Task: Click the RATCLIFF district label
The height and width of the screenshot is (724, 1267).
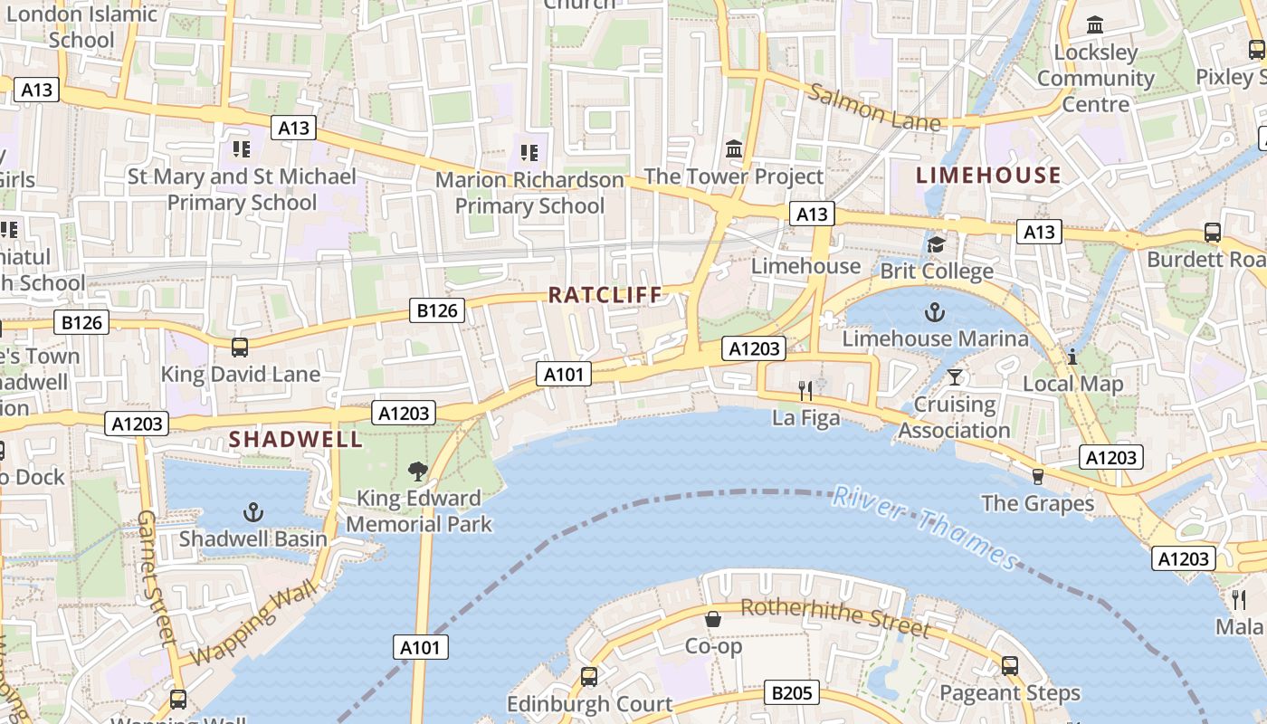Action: [605, 295]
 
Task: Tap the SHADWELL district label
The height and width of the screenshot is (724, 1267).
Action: [295, 440]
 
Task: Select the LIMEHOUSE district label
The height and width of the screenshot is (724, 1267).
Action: [988, 176]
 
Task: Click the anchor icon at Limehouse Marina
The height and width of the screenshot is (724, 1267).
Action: [934, 313]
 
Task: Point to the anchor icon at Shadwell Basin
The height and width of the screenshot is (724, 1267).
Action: [253, 513]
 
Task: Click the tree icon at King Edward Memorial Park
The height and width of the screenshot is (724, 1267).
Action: [417, 471]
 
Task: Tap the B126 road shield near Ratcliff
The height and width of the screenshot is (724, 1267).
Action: [439, 311]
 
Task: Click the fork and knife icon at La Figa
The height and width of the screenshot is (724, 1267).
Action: [805, 391]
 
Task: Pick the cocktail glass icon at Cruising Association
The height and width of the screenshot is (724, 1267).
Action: [954, 376]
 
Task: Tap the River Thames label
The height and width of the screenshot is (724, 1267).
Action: [925, 528]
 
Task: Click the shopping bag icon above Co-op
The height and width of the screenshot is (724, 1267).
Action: [713, 620]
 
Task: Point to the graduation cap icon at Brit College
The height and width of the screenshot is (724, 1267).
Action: [936, 244]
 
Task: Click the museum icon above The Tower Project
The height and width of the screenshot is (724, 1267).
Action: [734, 148]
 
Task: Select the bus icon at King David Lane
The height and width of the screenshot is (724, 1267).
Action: [240, 348]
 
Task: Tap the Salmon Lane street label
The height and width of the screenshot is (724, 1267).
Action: [874, 107]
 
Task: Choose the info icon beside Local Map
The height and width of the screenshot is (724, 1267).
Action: [1072, 357]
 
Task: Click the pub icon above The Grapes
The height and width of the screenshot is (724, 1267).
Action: [1038, 476]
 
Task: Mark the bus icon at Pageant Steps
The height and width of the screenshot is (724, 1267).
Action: [1010, 666]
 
